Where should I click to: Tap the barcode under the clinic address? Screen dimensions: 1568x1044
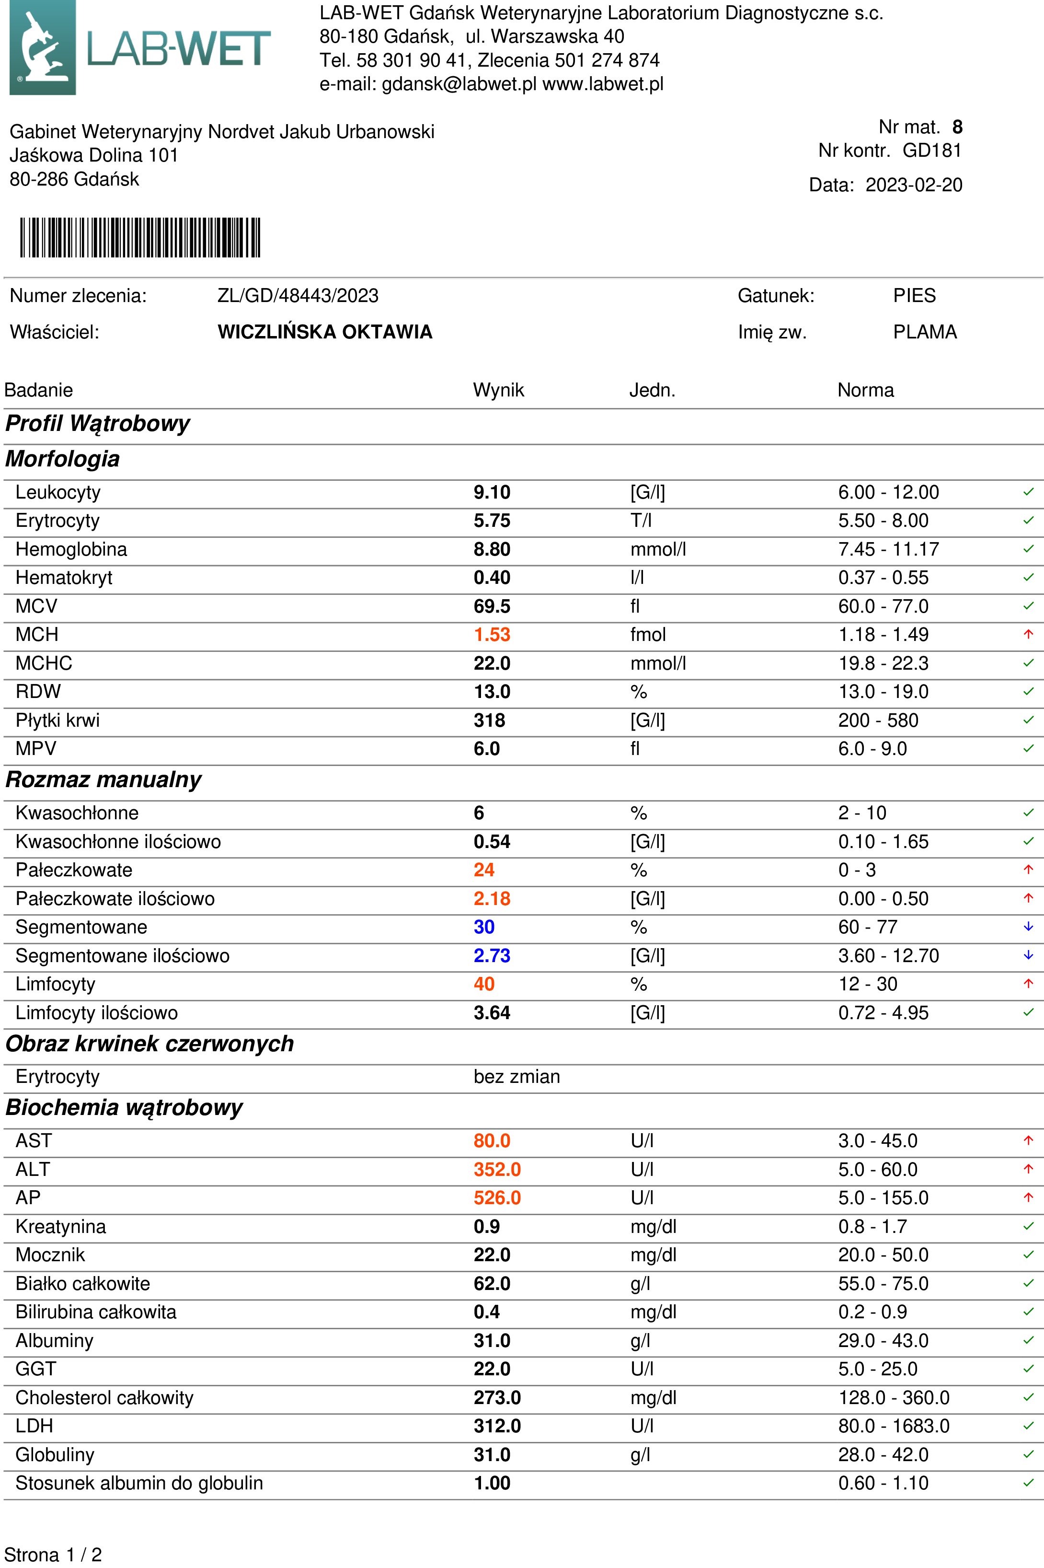pyautogui.click(x=140, y=238)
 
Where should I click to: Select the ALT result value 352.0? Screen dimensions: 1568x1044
pyautogui.click(x=497, y=1169)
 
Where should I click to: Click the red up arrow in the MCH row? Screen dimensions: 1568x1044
pyautogui.click(x=1028, y=634)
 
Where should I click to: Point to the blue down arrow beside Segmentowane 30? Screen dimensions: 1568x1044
pyautogui.click(x=1028, y=927)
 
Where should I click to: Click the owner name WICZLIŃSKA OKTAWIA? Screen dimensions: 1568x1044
pyautogui.click(x=325, y=332)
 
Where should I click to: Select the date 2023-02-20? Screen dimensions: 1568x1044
pyautogui.click(x=914, y=185)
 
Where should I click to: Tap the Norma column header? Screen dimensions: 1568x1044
pyautogui.click(x=865, y=390)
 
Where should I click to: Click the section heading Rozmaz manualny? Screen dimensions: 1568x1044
pyautogui.click(x=103, y=780)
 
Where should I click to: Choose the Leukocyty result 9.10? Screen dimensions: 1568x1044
pyautogui.click(x=492, y=492)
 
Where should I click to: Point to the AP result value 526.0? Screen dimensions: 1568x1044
pyautogui.click(x=497, y=1197)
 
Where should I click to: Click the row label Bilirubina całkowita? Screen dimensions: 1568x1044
pyautogui.click(x=96, y=1312)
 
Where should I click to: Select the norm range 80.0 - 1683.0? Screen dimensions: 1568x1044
pyautogui.click(x=894, y=1426)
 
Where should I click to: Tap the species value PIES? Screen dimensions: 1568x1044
pyautogui.click(x=914, y=296)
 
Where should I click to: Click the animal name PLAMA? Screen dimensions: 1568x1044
pyautogui.click(x=924, y=332)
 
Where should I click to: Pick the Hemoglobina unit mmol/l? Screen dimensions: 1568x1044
pyautogui.click(x=658, y=549)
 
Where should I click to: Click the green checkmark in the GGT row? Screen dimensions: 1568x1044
pyautogui.click(x=1028, y=1369)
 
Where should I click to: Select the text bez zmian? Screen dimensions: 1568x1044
pyautogui.click(x=516, y=1077)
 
